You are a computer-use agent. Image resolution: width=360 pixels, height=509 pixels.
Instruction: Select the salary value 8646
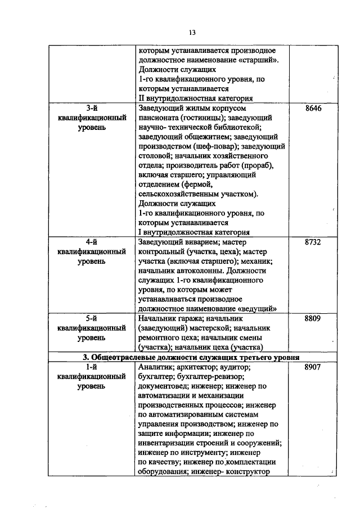312,108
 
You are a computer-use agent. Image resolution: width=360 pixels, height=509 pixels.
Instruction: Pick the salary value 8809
312,318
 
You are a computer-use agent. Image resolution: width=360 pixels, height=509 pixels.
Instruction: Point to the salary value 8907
312,367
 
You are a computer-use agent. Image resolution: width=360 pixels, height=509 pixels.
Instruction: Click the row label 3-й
91,108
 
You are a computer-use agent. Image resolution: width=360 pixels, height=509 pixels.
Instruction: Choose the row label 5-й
91,318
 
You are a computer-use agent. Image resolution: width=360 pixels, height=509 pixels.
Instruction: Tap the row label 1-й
91,367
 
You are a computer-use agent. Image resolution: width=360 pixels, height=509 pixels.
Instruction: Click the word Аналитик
155,367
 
